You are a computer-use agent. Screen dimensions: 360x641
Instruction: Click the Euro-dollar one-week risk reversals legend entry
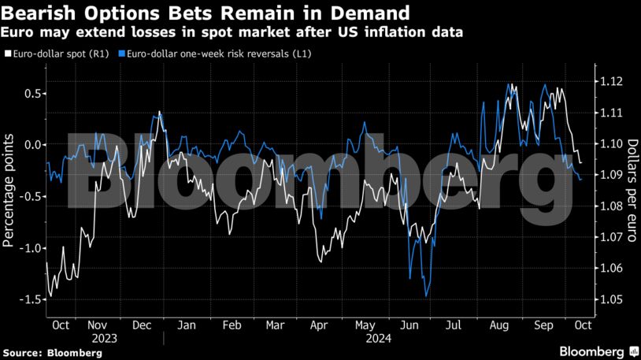coord(205,54)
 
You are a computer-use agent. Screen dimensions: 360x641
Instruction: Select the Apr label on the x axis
coord(319,325)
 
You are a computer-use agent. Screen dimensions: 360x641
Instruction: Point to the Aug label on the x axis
coord(498,325)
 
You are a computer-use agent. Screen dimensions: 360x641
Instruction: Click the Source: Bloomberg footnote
coord(52,353)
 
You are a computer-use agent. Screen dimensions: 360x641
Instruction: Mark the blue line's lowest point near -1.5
coord(426,295)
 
